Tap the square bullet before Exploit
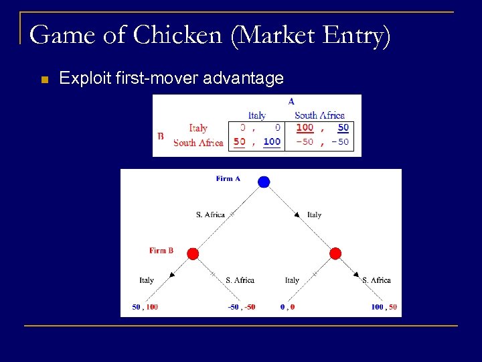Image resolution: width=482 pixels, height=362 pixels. pos(44,80)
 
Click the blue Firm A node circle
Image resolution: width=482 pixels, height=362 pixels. pos(264,182)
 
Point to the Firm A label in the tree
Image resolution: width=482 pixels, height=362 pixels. pos(228,178)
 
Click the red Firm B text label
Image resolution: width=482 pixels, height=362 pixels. pos(161,251)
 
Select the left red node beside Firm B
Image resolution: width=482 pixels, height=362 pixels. pos(193,253)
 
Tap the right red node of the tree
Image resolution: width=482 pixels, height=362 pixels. pos(335,253)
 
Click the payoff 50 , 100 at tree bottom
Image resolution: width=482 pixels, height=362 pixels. pos(145,307)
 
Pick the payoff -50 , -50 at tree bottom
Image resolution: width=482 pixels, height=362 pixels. pos(241,307)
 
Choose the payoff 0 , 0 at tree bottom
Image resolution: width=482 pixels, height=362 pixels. pos(288,307)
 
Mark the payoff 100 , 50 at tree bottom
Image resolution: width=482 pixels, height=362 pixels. pos(384,307)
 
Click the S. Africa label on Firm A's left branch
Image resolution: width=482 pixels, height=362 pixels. pos(210,215)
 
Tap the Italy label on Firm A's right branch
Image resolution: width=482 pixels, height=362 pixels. pos(314,215)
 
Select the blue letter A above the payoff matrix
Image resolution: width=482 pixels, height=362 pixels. pos(291,101)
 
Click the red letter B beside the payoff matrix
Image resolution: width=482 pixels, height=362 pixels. pos(160,135)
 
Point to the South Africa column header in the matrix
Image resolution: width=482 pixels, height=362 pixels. pos(319,115)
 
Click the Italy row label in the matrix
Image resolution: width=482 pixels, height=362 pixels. pos(198,128)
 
